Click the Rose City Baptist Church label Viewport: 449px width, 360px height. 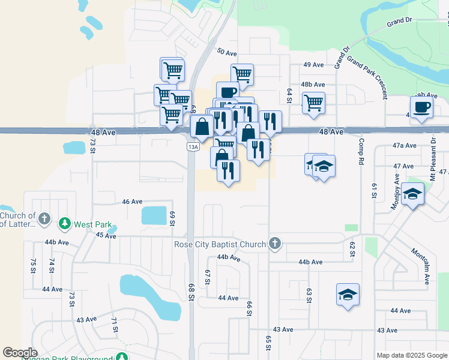[220, 244]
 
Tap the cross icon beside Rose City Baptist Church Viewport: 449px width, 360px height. [275, 244]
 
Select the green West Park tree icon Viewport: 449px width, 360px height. [65, 224]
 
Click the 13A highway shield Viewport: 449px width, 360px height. [192, 146]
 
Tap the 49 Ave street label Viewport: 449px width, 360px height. [313, 65]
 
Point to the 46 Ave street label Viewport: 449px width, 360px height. [132, 202]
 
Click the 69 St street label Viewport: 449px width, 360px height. [172, 218]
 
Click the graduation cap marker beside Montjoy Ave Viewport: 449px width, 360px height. [412, 194]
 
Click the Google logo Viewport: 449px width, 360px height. [20, 353]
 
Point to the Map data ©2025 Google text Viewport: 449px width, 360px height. [412, 355]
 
